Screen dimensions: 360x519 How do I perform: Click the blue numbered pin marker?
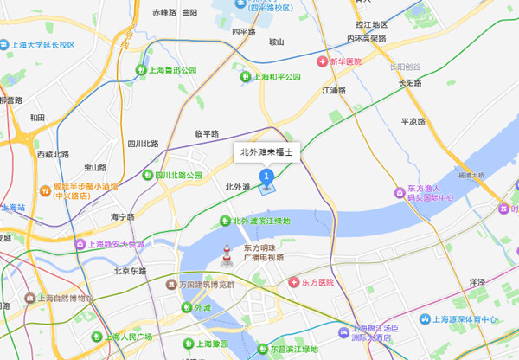267,177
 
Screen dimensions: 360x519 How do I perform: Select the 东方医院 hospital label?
312,283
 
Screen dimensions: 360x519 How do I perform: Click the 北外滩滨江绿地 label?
261,222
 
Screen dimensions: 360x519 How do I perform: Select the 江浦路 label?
334,90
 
